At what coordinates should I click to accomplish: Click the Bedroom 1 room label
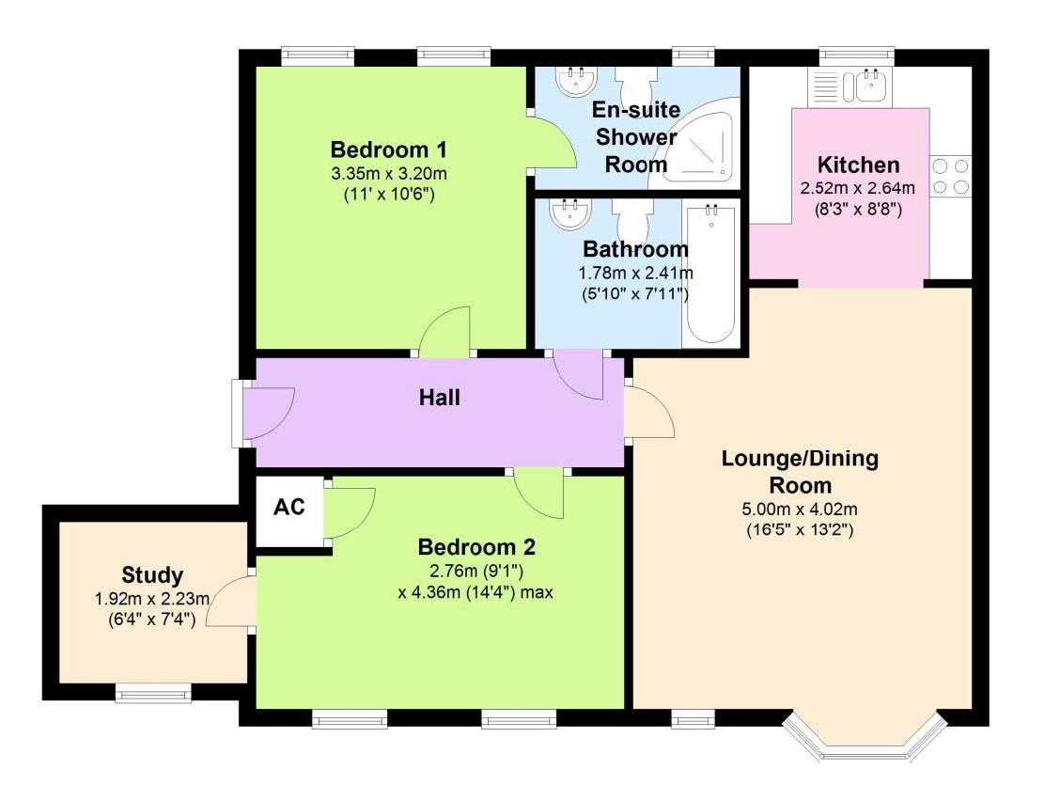coord(389,149)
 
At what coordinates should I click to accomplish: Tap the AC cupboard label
coord(288,507)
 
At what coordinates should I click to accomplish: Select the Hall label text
coord(440,397)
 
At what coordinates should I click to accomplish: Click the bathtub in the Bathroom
coord(711,274)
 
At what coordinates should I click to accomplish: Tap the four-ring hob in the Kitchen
coord(950,176)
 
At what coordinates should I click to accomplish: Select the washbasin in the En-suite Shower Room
coord(576,81)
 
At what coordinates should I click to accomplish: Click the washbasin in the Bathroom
coord(570,213)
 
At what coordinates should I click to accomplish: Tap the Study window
coord(153,692)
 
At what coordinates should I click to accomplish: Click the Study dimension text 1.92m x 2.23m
coord(152,599)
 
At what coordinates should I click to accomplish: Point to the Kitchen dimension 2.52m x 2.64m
coord(858,188)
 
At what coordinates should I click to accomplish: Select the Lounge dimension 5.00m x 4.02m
coord(800,510)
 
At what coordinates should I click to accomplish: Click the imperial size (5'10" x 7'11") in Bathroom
coord(635,294)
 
